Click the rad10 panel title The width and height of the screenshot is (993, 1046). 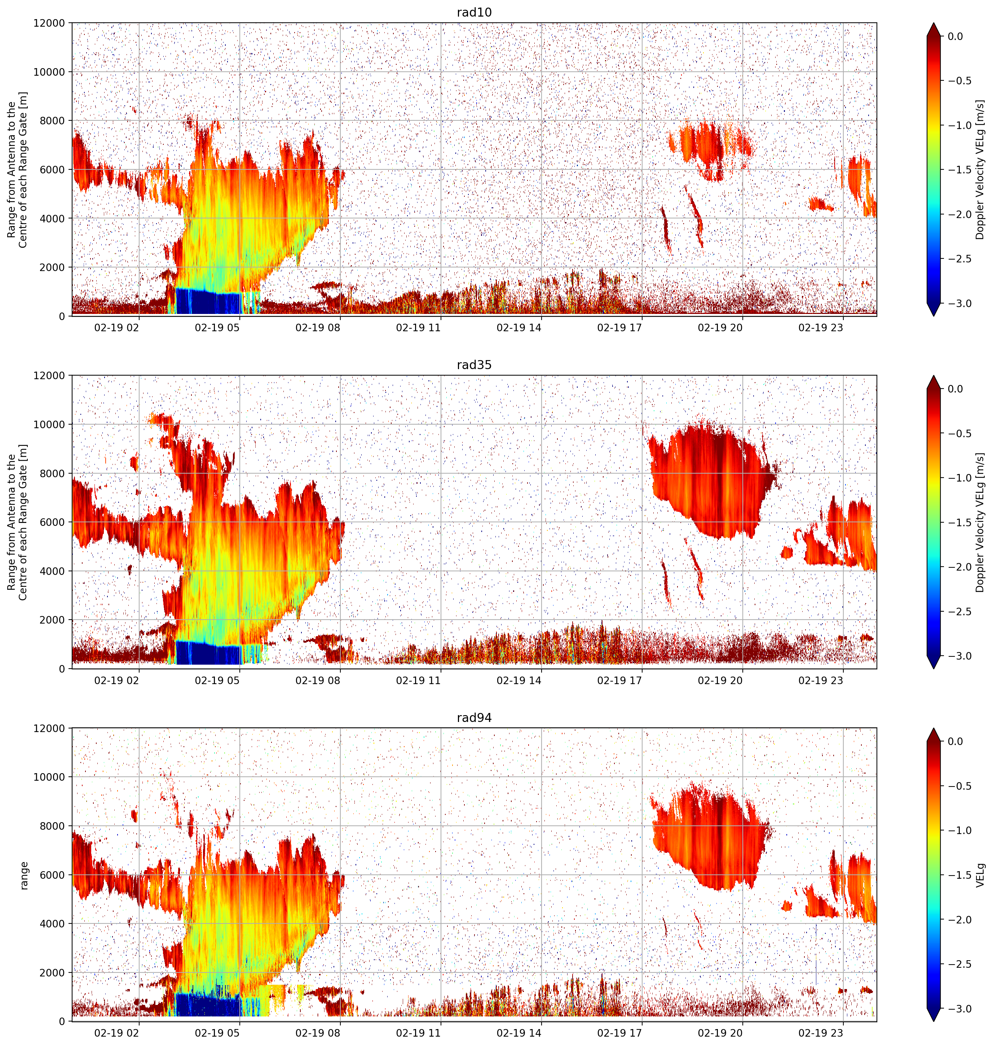click(474, 12)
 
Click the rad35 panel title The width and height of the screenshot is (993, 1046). click(474, 365)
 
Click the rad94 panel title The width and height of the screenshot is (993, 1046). click(474, 718)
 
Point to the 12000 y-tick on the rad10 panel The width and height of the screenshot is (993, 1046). click(50, 23)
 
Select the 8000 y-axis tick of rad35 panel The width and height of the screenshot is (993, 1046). click(53, 474)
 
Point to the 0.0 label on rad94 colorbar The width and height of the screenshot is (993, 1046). click(963, 742)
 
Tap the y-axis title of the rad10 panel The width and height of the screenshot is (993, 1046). click(17, 170)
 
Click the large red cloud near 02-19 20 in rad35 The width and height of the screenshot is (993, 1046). click(712, 482)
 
